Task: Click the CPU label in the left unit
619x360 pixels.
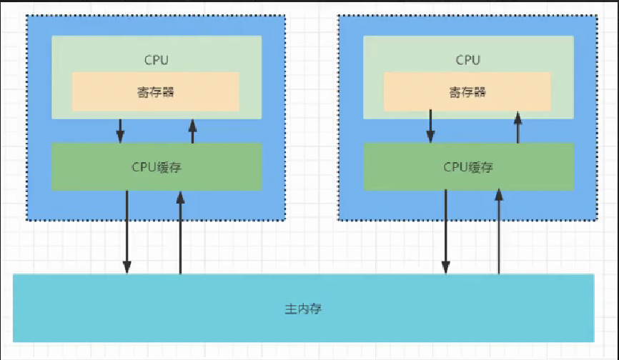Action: (156, 60)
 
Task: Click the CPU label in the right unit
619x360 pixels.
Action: (467, 60)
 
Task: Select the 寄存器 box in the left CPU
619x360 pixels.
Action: (107, 91)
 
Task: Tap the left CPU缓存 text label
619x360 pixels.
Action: (156, 167)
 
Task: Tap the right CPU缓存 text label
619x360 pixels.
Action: (467, 167)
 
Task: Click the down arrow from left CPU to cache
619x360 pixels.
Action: (120, 131)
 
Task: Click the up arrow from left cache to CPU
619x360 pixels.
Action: (192, 131)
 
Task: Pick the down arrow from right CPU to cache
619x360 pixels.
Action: (430, 126)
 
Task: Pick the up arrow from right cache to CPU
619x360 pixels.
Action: (518, 126)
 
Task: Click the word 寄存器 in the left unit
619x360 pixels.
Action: (155, 91)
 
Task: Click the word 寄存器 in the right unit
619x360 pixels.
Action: (467, 91)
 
